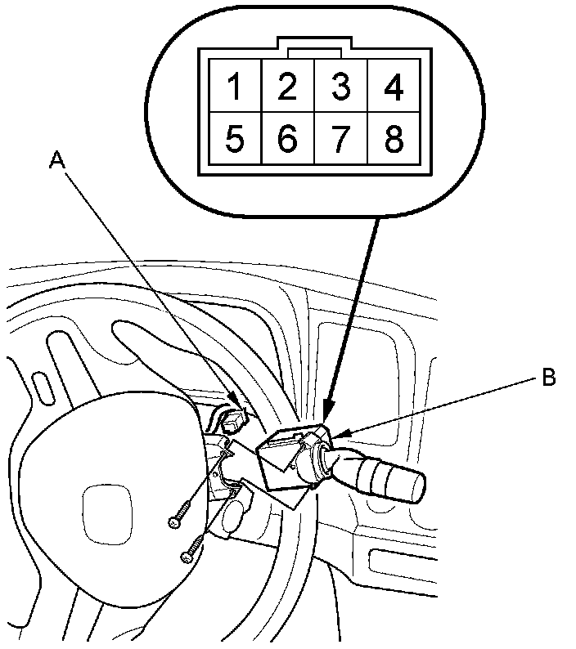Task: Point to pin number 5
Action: (x=235, y=140)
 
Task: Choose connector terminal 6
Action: (x=286, y=140)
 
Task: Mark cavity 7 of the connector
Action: (x=340, y=140)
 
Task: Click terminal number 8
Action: (x=394, y=140)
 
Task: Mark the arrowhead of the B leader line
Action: (x=341, y=433)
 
